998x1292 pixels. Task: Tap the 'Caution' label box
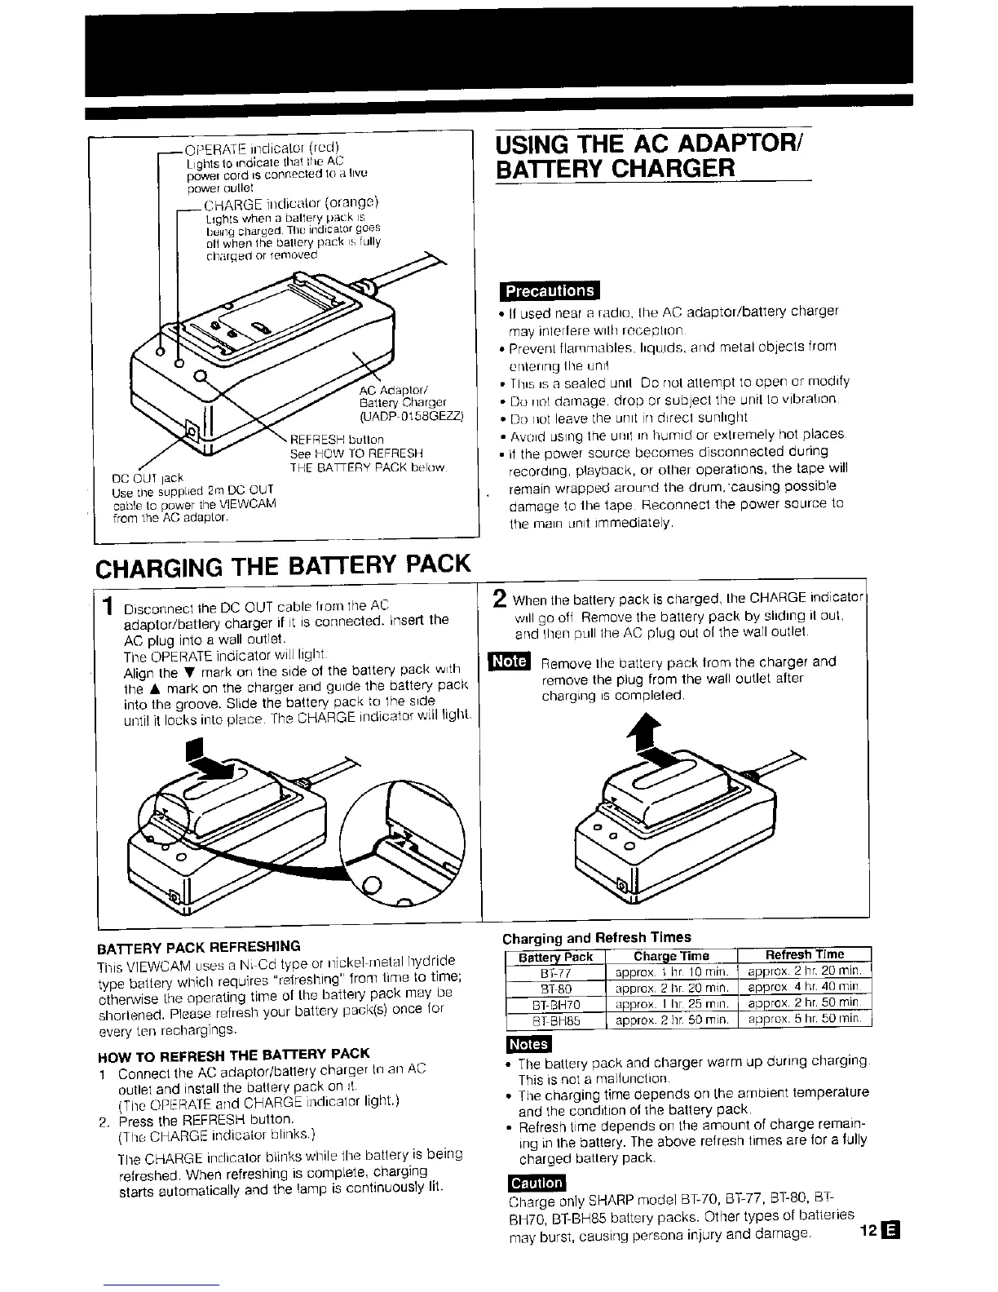pyautogui.click(x=535, y=1183)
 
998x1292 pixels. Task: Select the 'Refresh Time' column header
pyautogui.click(x=804, y=955)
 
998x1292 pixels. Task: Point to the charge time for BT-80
pyautogui.click(x=671, y=989)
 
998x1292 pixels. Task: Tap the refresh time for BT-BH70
pyautogui.click(x=804, y=1004)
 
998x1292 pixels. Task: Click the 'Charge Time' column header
pyautogui.click(x=671, y=956)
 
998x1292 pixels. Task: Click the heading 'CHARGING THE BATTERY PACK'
pyautogui.click(x=284, y=564)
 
